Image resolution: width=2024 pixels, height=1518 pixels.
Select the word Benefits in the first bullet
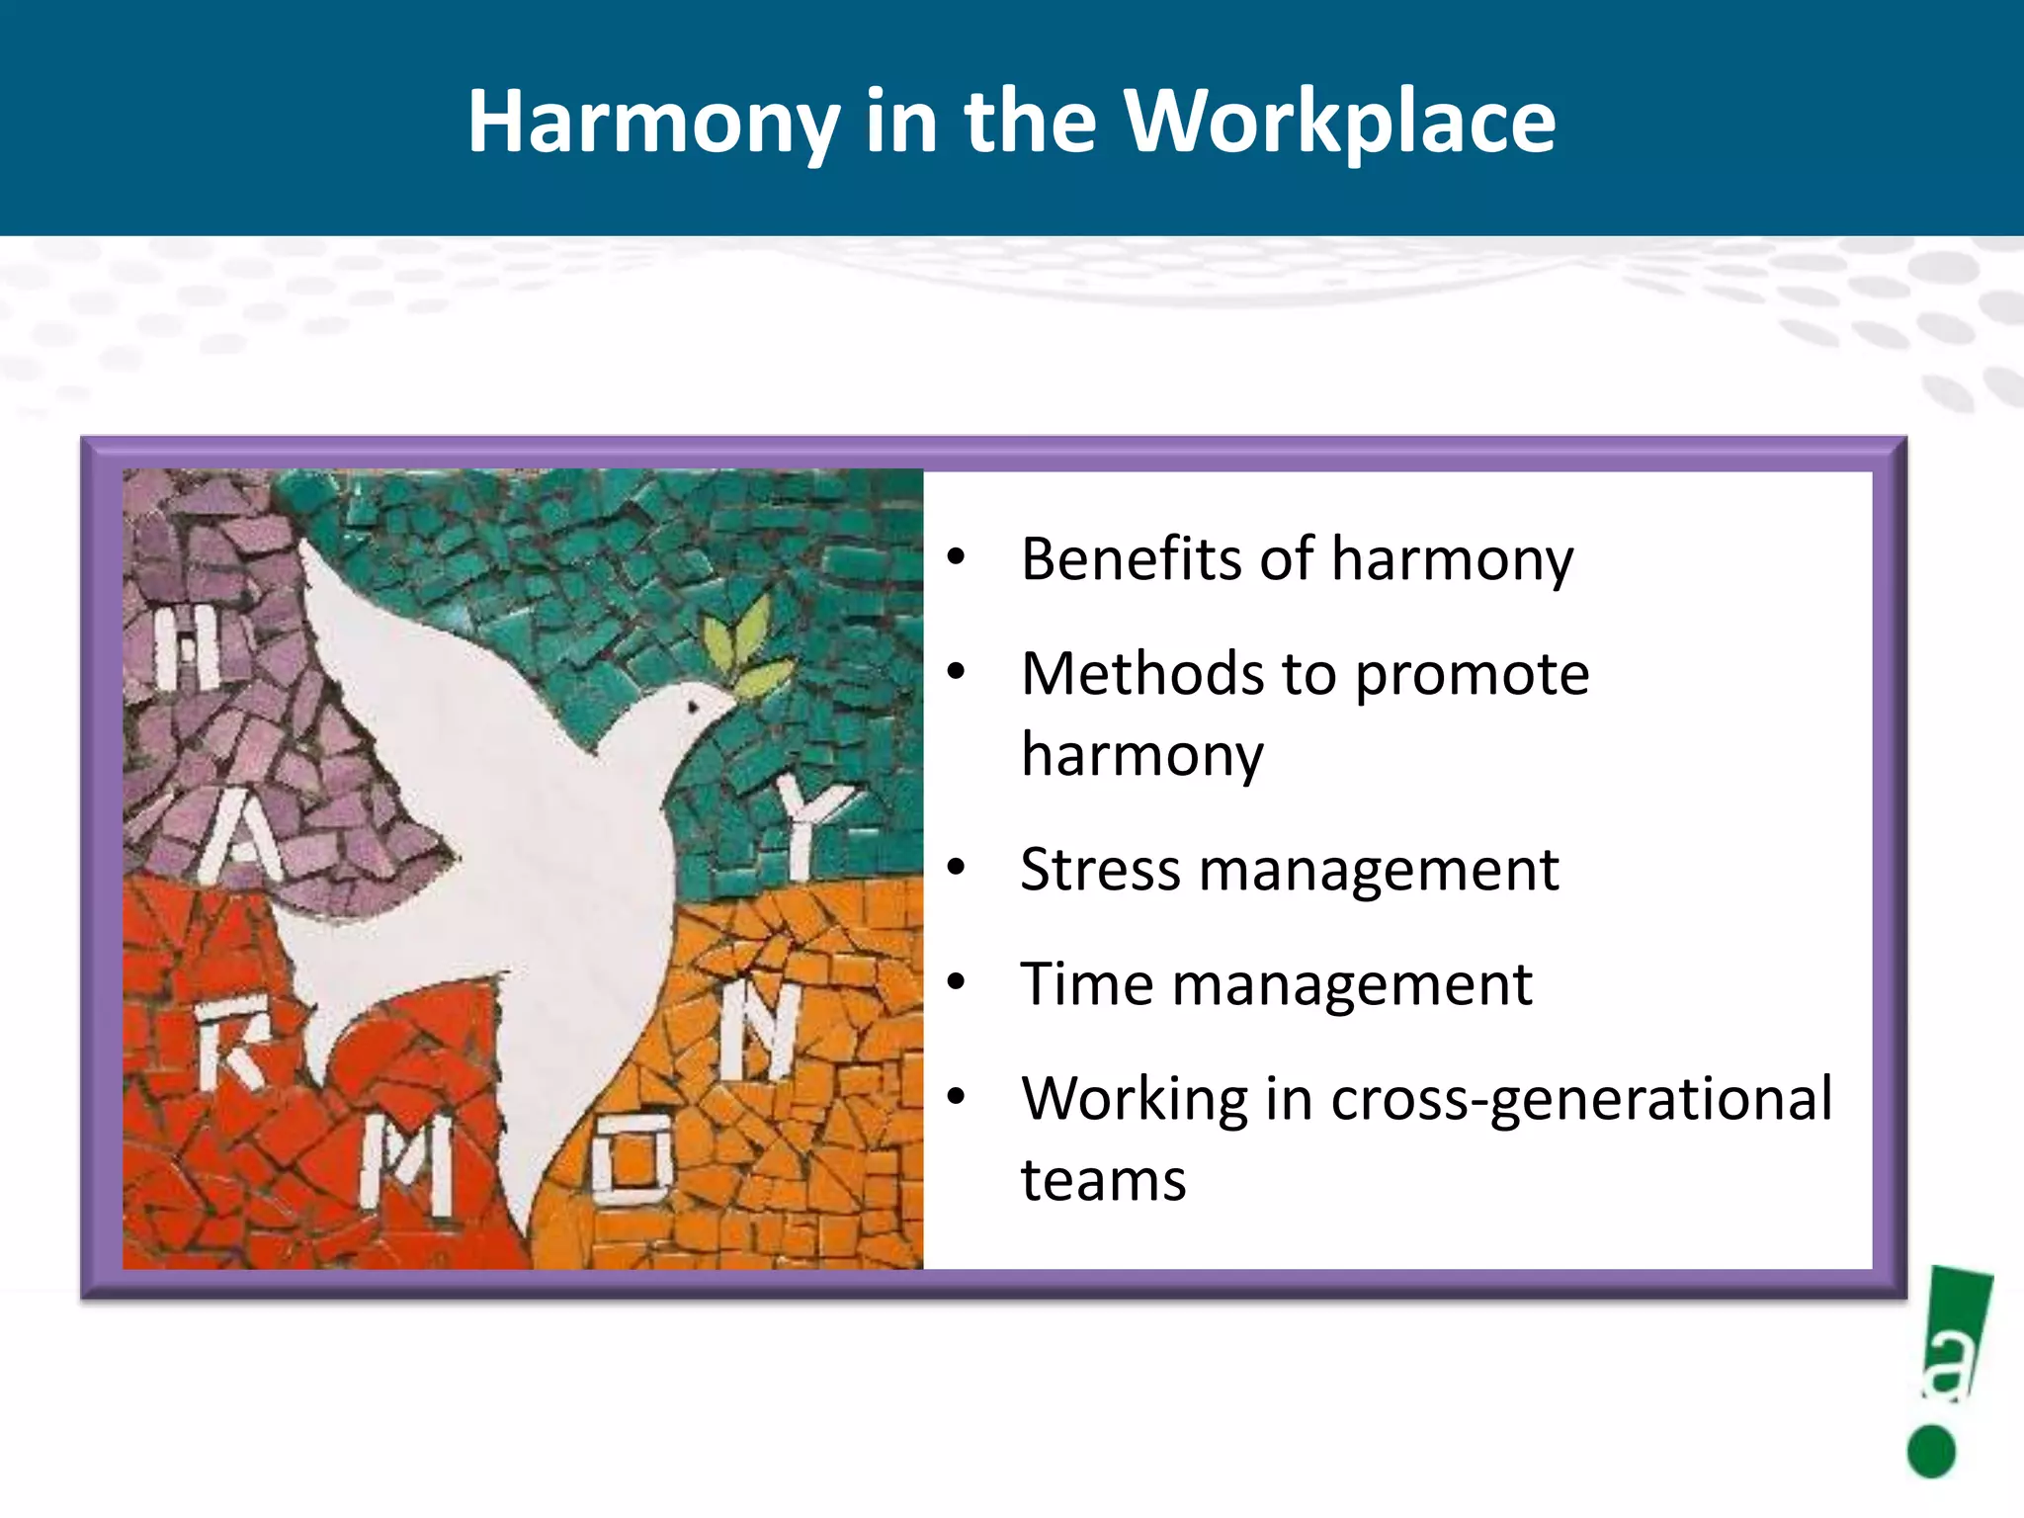tap(1131, 559)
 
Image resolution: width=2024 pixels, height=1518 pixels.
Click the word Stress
tap(1100, 870)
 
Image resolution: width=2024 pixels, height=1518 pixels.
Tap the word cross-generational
tap(1581, 1099)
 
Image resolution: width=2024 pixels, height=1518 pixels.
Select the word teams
tap(1103, 1180)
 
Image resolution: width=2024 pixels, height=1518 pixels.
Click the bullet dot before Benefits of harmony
tap(956, 557)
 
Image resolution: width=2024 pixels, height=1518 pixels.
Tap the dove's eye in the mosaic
tap(693, 707)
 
